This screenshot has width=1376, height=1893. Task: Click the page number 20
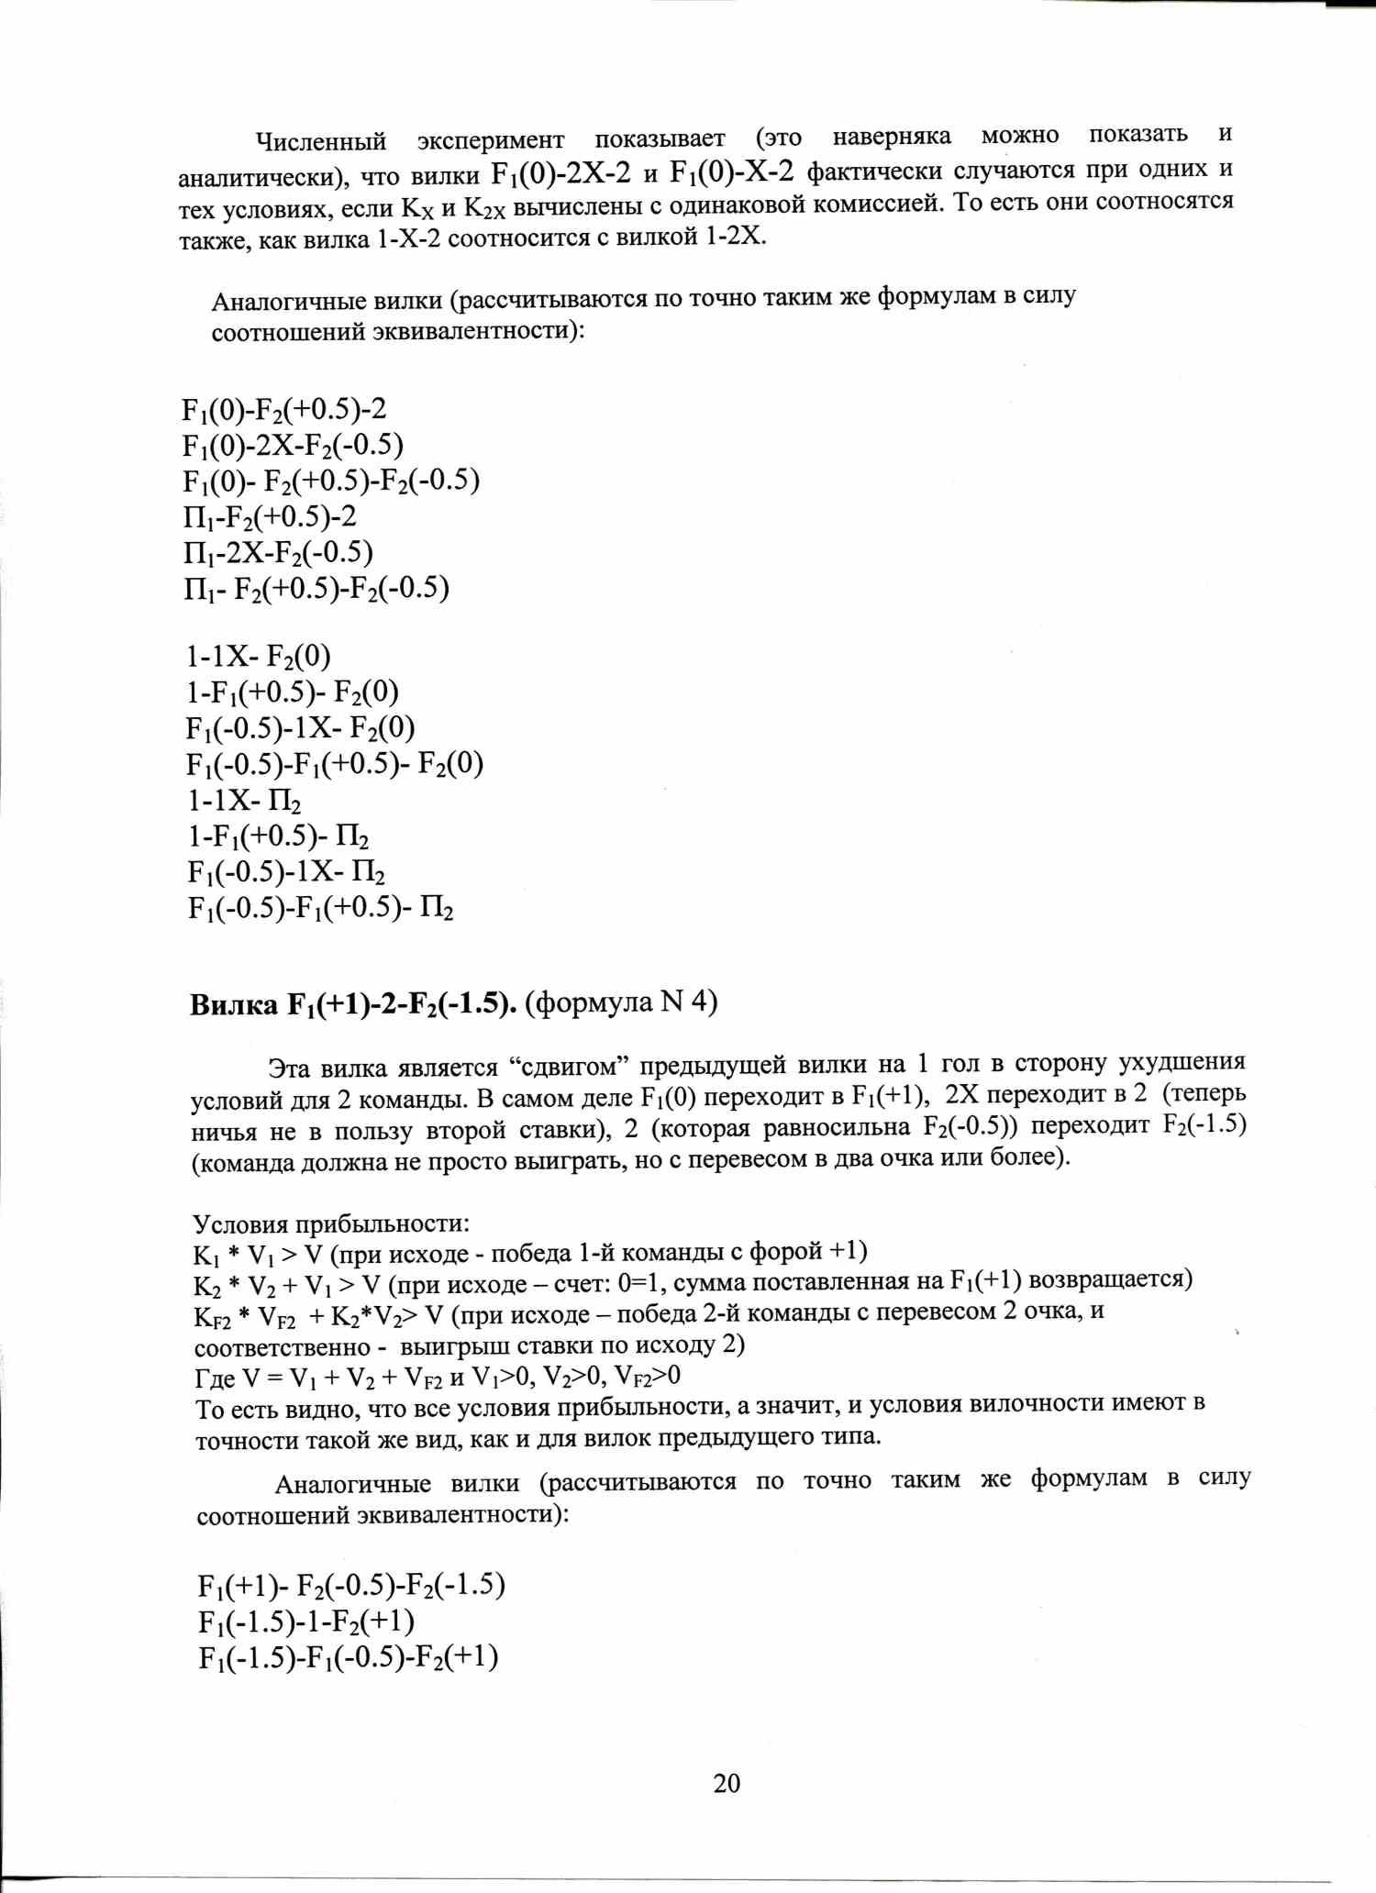point(726,1782)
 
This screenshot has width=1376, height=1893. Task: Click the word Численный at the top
point(321,142)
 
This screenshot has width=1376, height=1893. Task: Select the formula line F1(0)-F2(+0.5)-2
point(283,409)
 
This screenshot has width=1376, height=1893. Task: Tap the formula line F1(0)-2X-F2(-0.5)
point(293,446)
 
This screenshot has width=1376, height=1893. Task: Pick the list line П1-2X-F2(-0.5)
point(278,552)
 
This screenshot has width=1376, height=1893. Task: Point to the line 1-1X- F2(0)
point(258,657)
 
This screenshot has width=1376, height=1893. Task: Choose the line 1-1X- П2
point(244,801)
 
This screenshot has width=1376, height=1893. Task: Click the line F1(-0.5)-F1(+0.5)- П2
point(320,908)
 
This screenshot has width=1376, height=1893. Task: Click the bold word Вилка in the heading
point(233,1006)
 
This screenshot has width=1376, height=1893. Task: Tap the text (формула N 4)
point(621,1002)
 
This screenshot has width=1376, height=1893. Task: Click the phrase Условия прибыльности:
point(331,1223)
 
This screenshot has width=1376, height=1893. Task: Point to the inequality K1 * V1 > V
point(258,1255)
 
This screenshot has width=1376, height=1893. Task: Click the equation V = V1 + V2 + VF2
point(342,1378)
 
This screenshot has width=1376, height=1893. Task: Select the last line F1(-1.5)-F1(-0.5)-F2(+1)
point(348,1657)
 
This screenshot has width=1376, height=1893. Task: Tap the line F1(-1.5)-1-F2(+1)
point(306,1622)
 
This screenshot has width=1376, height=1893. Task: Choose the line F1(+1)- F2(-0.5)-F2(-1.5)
point(350,1586)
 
